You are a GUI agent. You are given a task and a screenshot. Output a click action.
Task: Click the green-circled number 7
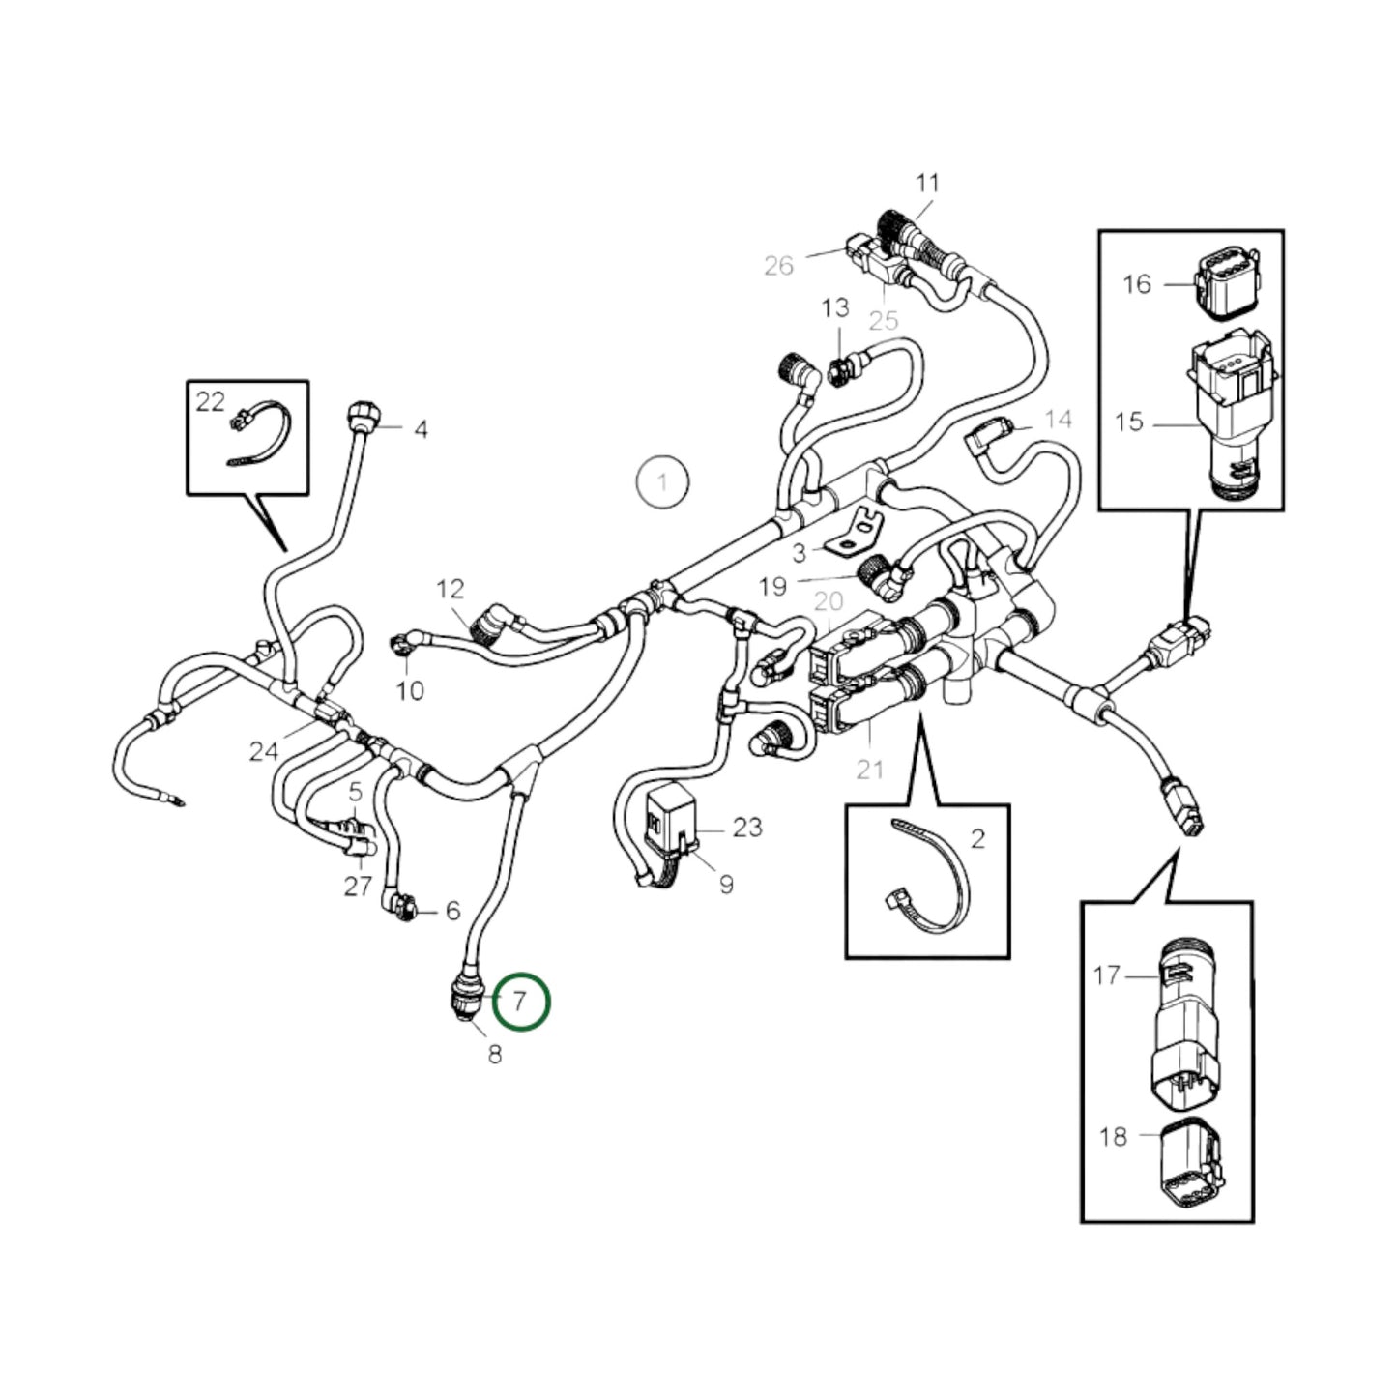521,1002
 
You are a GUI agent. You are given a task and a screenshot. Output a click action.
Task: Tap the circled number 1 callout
662,480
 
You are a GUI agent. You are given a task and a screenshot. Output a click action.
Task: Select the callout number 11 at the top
927,183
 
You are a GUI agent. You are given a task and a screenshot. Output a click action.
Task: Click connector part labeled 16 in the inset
1226,282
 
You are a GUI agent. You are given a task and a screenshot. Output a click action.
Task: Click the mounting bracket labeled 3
853,534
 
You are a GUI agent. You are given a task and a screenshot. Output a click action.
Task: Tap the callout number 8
495,1054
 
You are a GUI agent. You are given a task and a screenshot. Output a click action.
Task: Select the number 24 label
264,750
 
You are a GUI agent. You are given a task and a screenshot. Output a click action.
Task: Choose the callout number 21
870,770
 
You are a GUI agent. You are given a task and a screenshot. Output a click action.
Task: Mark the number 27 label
358,886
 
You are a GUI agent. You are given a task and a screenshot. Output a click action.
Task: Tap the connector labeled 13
838,367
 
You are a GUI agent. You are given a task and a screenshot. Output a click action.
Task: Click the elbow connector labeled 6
402,905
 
